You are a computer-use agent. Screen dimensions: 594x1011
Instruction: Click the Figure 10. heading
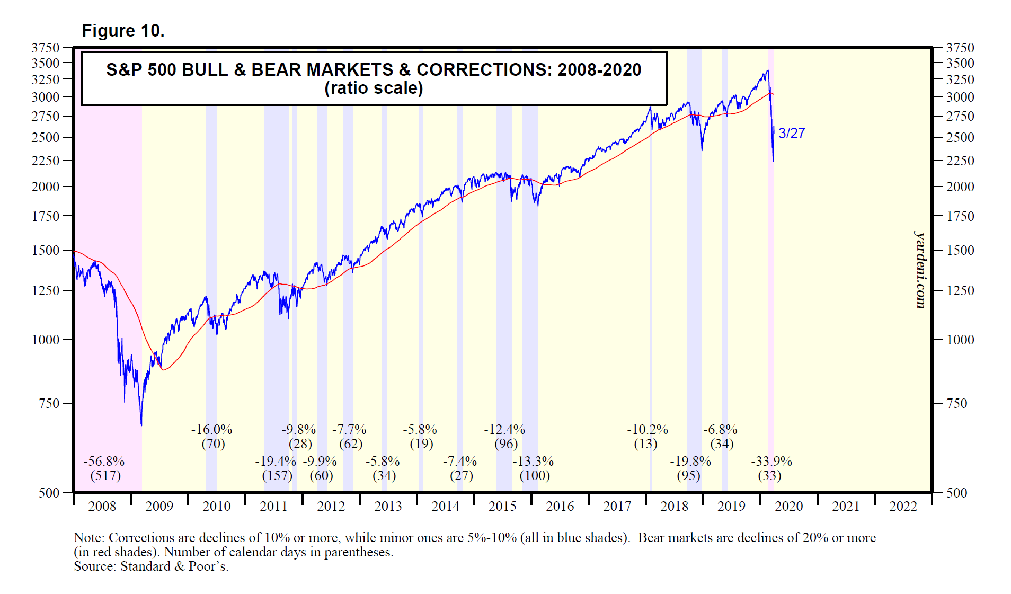[x=123, y=31]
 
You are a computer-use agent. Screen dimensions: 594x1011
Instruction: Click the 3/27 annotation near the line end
[x=792, y=134]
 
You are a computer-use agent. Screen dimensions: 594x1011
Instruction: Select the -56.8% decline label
[x=104, y=462]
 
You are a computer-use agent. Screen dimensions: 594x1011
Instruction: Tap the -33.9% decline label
[x=771, y=462]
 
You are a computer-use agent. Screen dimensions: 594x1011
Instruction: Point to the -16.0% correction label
[x=211, y=430]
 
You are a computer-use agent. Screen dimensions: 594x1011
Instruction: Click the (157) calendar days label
[x=277, y=475]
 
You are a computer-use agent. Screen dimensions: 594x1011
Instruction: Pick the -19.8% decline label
[x=690, y=462]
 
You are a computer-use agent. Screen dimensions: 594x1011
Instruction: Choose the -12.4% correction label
[x=504, y=430]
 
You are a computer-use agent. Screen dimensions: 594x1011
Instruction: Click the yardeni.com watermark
[x=920, y=270]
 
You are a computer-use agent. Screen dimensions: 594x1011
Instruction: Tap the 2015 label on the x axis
[x=502, y=507]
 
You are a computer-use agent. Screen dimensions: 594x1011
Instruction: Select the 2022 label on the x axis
[x=903, y=507]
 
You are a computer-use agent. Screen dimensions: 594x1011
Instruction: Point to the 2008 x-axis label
[x=102, y=507]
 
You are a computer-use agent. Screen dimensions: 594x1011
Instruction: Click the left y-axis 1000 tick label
[x=46, y=340]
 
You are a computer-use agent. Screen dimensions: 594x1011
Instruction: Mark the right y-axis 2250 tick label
[x=960, y=161]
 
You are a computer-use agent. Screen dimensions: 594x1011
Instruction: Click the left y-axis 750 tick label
[x=49, y=403]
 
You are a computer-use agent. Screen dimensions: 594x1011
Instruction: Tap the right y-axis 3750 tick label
[x=960, y=48]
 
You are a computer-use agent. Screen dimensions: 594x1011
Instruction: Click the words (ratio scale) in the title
[x=374, y=88]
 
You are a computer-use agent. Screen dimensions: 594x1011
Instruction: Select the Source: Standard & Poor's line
[x=151, y=566]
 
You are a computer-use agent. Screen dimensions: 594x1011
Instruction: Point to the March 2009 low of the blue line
[x=141, y=424]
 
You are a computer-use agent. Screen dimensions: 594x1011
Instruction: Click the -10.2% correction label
[x=647, y=430]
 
